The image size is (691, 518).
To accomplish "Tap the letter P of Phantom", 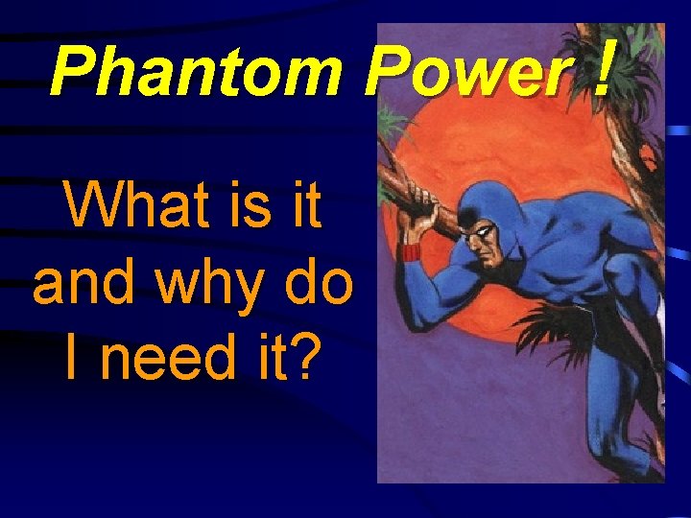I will pos(69,74).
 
